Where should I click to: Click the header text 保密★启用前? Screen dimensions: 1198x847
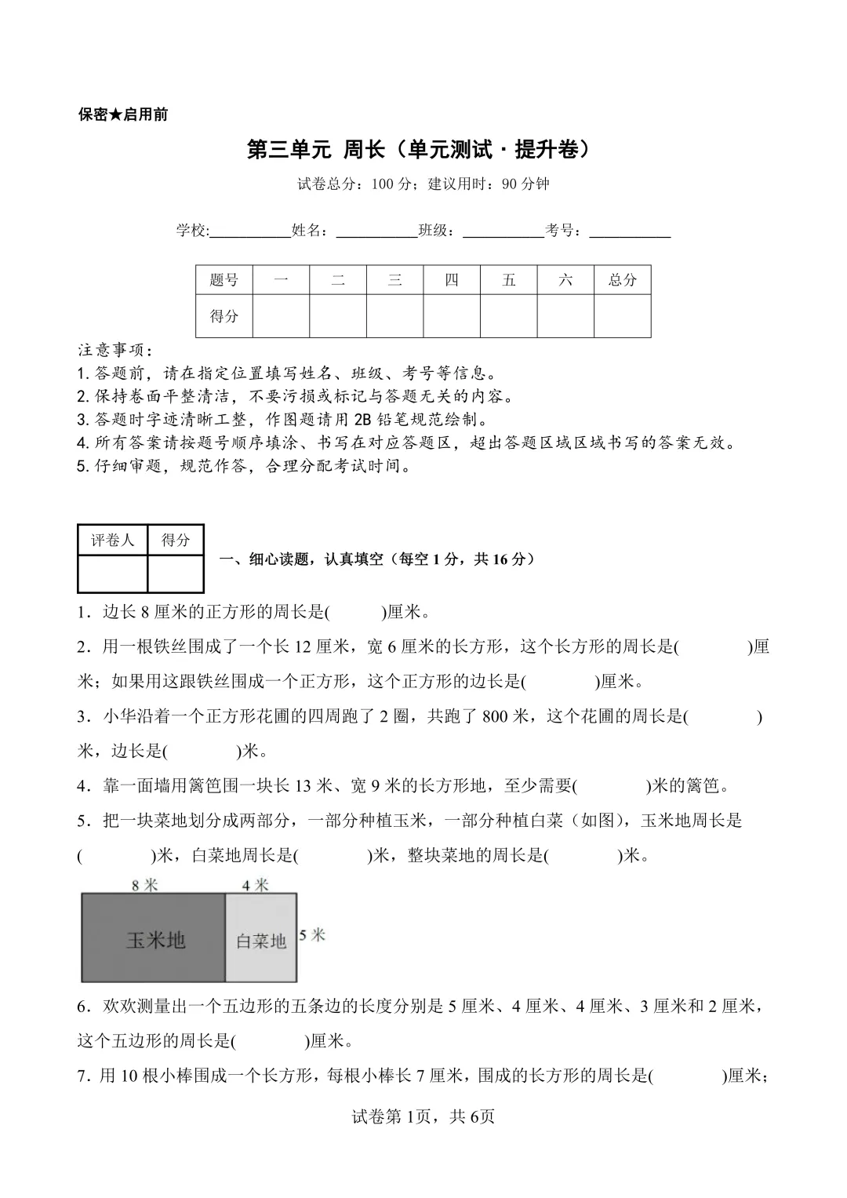tap(123, 115)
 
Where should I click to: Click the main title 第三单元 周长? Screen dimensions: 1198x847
tap(418, 149)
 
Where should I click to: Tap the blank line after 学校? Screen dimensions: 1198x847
tap(250, 231)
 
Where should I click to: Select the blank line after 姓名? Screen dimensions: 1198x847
tap(376, 231)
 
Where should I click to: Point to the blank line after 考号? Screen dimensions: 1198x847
tap(630, 231)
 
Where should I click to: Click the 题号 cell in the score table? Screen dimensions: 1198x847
tap(224, 280)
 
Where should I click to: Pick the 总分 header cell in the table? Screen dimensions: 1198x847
tap(623, 280)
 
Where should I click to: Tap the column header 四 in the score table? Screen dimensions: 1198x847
tap(452, 280)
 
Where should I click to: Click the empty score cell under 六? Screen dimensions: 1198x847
tap(565, 316)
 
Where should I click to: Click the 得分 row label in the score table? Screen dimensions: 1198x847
tap(224, 316)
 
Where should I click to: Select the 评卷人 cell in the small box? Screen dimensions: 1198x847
tap(113, 540)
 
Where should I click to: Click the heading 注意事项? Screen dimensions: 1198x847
tap(115, 349)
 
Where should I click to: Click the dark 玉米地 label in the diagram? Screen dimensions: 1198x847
tap(155, 939)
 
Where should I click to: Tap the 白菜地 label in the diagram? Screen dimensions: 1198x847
tap(261, 941)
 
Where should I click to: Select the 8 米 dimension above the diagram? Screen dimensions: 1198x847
tap(145, 885)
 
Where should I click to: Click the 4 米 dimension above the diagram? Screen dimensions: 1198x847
tap(256, 885)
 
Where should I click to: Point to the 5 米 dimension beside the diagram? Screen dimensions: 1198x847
tap(313, 935)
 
